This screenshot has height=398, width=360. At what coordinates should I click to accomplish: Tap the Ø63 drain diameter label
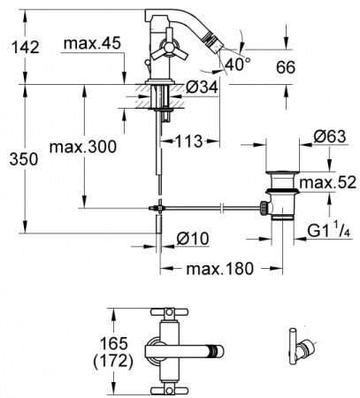click(330, 137)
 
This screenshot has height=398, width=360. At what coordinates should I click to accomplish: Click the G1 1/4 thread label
click(327, 232)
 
